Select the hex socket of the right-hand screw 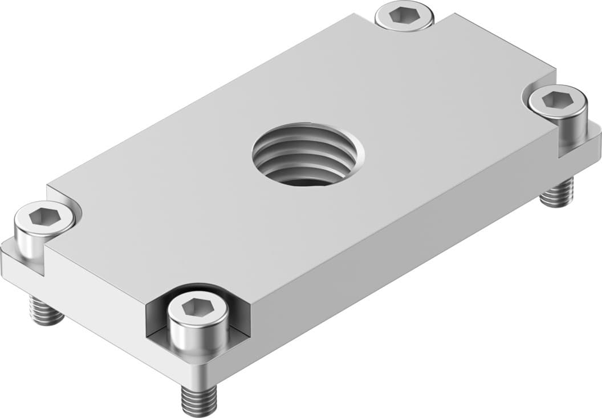point(557,100)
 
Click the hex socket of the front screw point(197,308)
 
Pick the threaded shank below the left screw point(46,310)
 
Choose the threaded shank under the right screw point(557,193)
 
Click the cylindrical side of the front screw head point(198,336)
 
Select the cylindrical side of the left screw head point(31,242)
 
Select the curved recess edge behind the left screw point(74,199)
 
